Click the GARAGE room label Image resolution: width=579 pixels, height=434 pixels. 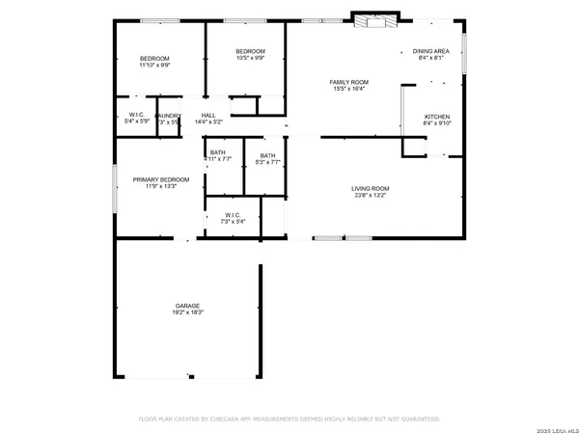[x=187, y=306]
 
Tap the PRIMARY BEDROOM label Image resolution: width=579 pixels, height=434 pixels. [x=161, y=179]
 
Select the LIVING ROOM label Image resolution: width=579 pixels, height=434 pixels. [x=370, y=188]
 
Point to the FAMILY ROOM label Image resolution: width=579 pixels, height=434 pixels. [x=349, y=82]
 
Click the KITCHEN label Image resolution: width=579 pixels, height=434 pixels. [x=437, y=117]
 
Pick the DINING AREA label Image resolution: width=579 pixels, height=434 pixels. [x=430, y=51]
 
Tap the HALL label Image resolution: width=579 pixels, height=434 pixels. [x=208, y=115]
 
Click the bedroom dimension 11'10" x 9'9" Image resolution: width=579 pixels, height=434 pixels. [x=154, y=66]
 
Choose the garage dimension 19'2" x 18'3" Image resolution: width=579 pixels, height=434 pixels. [x=187, y=312]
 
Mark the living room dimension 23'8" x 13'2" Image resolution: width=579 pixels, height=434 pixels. [x=370, y=195]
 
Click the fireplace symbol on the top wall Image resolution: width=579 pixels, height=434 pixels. [x=369, y=20]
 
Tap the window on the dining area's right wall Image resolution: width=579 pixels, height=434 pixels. [x=464, y=52]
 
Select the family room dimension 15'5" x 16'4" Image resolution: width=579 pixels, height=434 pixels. [x=349, y=89]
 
